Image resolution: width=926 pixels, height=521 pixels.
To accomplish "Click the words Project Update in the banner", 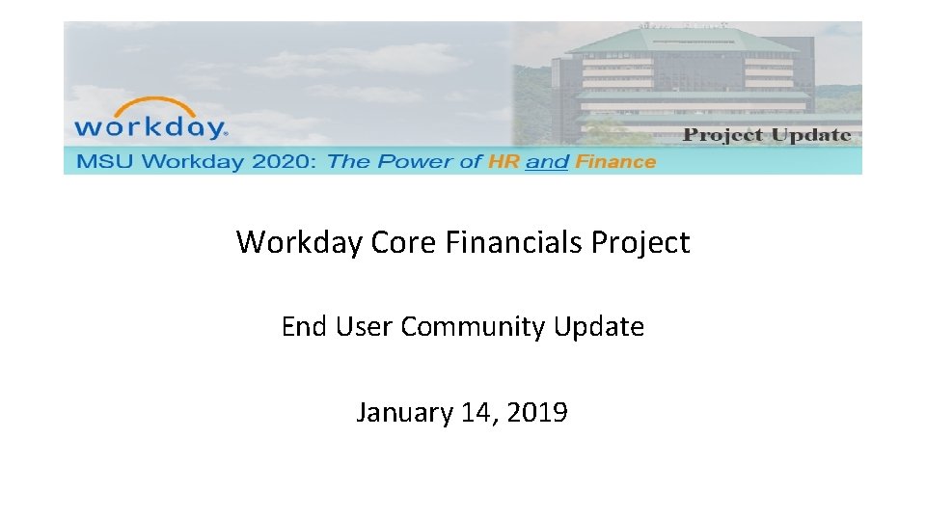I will [767, 135].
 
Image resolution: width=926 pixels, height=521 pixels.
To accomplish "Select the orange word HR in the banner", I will [504, 162].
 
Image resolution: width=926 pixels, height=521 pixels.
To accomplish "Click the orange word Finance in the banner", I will [615, 162].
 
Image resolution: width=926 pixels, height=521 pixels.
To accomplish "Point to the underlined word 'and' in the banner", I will [547, 162].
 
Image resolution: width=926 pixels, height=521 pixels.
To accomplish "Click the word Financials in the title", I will [513, 242].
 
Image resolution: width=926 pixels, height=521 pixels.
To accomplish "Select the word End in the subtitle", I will [304, 327].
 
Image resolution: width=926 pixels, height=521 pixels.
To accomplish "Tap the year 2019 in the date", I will [536, 413].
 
